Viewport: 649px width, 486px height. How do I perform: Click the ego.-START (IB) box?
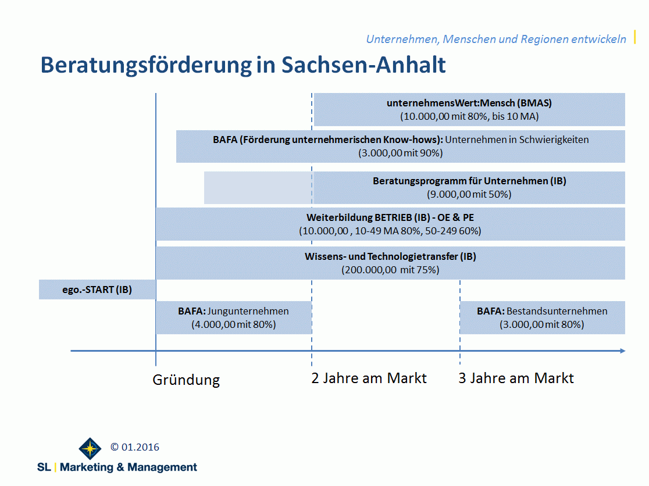[x=97, y=290]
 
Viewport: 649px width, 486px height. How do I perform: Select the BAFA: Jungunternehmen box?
[x=233, y=317]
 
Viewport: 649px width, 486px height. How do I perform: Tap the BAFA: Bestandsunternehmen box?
[x=542, y=317]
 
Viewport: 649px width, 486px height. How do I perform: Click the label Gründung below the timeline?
[x=186, y=380]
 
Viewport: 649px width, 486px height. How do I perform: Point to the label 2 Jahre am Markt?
[x=369, y=378]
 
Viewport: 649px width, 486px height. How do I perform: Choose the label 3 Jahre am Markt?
[x=516, y=378]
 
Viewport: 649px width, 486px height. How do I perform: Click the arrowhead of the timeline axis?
[x=622, y=351]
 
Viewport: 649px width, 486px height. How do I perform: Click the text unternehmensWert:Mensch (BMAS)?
[x=469, y=103]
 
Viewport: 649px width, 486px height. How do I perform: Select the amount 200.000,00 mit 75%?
[x=390, y=270]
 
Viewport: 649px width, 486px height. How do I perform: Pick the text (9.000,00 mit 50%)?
[x=469, y=194]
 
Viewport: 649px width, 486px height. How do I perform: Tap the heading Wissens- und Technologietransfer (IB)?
[x=390, y=256]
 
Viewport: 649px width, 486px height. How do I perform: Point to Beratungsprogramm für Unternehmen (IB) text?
[x=469, y=181]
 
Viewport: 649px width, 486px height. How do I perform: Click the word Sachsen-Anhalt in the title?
[x=363, y=65]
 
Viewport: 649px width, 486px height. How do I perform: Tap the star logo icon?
[x=90, y=449]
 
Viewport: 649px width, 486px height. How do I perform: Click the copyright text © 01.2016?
[x=135, y=447]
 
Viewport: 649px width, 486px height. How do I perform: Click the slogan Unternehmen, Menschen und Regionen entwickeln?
[x=495, y=39]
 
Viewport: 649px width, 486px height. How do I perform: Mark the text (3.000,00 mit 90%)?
[x=401, y=153]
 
